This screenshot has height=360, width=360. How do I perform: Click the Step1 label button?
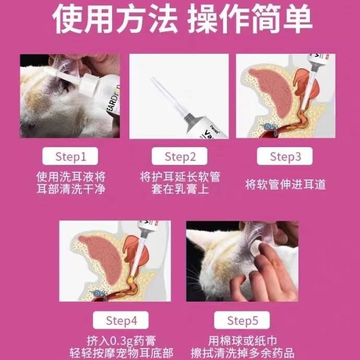tap(70, 156)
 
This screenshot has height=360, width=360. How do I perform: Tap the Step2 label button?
tap(180, 156)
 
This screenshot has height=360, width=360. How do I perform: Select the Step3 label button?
tap(285, 156)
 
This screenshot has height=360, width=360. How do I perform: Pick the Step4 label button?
tap(121, 320)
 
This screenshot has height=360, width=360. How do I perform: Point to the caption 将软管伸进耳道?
tap(285, 184)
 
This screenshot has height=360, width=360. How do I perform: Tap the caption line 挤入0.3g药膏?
tap(121, 340)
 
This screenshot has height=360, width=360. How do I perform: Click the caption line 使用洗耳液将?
tap(70, 176)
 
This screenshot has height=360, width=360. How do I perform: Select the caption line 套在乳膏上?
tap(180, 189)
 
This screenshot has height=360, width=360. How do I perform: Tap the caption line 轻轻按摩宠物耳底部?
tap(121, 352)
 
